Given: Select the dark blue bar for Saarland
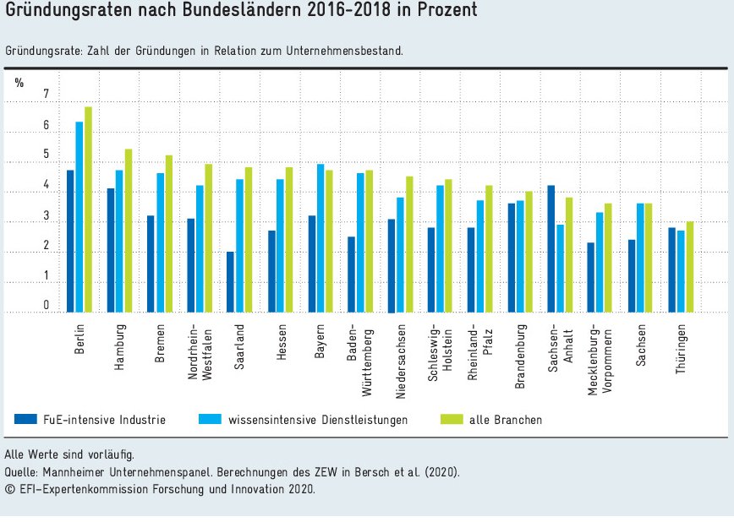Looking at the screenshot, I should pyautogui.click(x=230, y=282).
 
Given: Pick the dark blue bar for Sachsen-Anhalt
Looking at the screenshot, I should pyautogui.click(x=551, y=249).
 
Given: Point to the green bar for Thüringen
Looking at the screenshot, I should pyautogui.click(x=690, y=267).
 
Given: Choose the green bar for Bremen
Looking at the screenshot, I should pyautogui.click(x=168, y=234).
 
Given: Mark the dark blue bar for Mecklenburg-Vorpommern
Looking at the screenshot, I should pyautogui.click(x=590, y=278).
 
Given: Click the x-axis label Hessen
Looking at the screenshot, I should pyautogui.click(x=281, y=343).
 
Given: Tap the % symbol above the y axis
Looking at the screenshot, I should pyautogui.click(x=19, y=81).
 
